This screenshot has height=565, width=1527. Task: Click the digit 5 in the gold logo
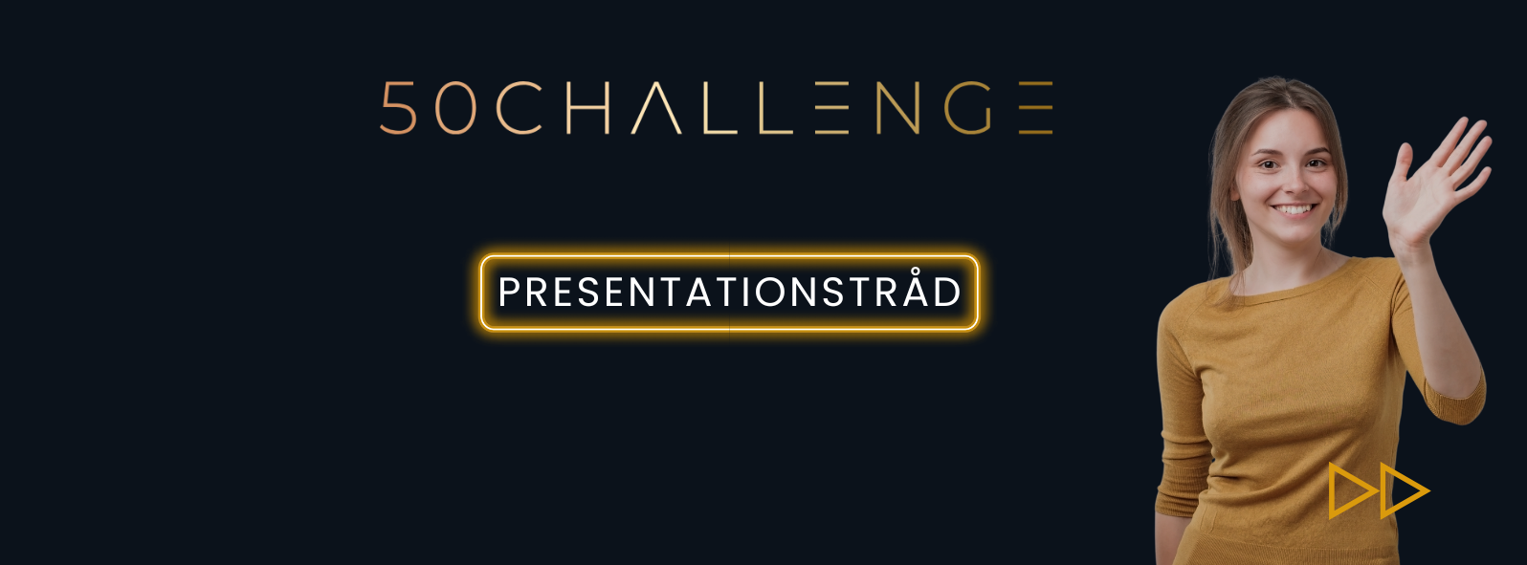pyautogui.click(x=398, y=108)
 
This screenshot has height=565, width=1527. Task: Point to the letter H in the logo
pyautogui.click(x=587, y=108)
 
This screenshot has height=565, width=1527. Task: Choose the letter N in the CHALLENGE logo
pyautogui.click(x=897, y=108)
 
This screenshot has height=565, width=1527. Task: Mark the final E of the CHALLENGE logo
pyautogui.click(x=1036, y=108)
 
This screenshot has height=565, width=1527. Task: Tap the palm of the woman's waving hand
pyautogui.click(x=1425, y=198)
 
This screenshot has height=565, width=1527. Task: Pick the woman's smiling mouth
pyautogui.click(x=1295, y=209)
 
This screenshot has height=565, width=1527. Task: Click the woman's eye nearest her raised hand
pyautogui.click(x=1315, y=163)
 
